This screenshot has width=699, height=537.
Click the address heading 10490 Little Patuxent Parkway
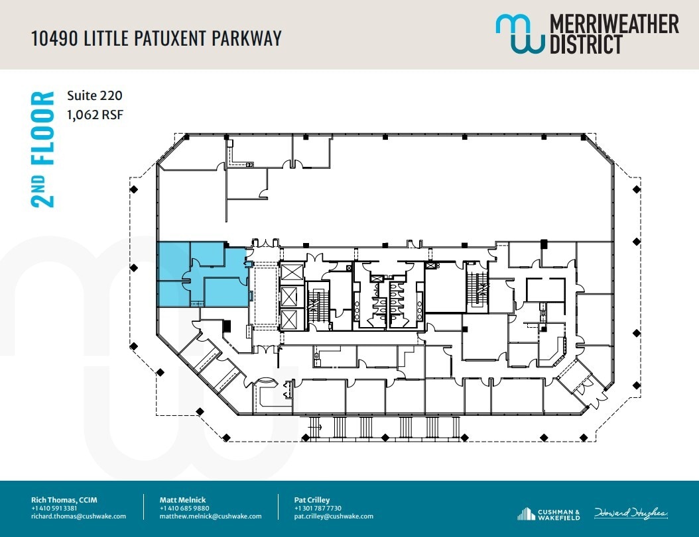tap(157, 38)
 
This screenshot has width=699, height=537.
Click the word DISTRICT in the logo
tap(586, 44)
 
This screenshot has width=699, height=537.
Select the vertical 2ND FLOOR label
tap(43, 150)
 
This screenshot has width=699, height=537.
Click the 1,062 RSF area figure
tap(95, 115)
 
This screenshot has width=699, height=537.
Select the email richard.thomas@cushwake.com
tap(78, 516)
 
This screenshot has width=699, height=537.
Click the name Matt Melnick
tap(182, 500)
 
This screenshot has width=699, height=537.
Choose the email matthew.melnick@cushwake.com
tap(210, 516)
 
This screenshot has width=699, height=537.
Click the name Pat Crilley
tap(312, 500)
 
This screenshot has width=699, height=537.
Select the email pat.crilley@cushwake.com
tap(334, 516)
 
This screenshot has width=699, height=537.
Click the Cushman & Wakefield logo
tap(548, 514)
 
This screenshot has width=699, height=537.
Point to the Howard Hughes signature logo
tap(631, 513)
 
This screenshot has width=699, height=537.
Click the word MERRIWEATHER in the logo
tap(614, 24)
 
